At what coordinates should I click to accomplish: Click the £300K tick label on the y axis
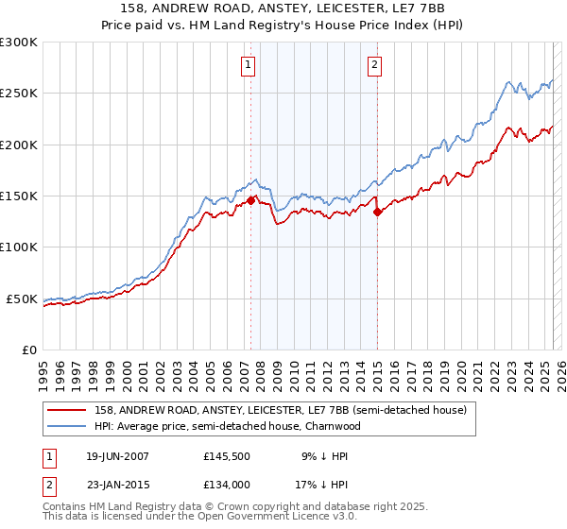click(19, 43)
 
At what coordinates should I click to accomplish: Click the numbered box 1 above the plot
click(248, 65)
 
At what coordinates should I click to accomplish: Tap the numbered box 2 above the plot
click(375, 65)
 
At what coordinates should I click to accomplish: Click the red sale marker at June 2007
click(251, 200)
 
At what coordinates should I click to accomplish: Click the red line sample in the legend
click(68, 411)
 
